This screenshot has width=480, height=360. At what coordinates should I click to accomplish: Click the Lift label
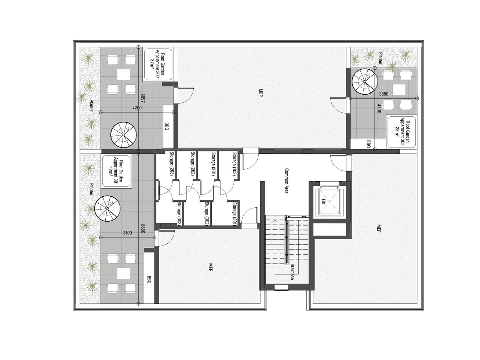coord(323,201)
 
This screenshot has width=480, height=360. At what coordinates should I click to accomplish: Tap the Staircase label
coord(292,272)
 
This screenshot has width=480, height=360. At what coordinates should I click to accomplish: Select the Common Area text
coord(286,181)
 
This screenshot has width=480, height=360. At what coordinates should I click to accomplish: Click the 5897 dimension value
coord(143,98)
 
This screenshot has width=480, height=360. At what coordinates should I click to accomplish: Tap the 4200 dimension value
coord(137,108)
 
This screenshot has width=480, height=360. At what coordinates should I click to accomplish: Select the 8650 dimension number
coord(143,228)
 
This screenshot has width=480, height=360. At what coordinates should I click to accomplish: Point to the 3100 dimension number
coord(127,233)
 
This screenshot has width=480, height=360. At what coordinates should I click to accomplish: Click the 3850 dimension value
coord(384,94)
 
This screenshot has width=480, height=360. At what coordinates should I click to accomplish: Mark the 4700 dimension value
coord(379,109)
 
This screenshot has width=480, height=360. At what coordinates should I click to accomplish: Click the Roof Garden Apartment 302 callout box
coord(158,65)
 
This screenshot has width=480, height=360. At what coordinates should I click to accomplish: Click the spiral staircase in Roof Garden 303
coord(365,81)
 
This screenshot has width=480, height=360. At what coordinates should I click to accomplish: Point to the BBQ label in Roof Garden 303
coord(369,144)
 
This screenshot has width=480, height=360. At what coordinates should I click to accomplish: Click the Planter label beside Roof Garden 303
coord(381,58)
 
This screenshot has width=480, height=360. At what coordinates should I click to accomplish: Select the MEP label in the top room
coord(261,92)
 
